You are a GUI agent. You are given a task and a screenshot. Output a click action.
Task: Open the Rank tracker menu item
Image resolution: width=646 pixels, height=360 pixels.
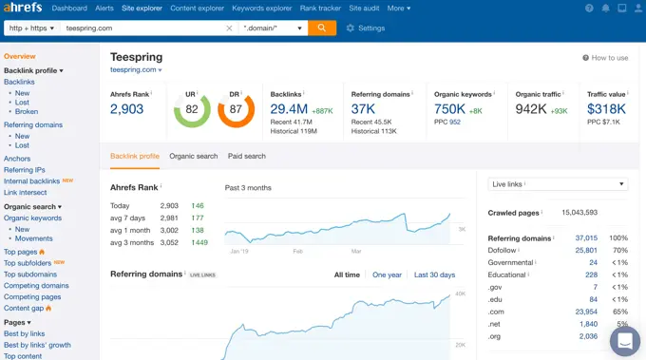320,9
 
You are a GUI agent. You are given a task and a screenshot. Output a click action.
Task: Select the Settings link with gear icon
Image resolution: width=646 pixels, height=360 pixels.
366,28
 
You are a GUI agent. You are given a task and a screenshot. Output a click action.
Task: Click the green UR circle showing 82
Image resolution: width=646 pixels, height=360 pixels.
192,110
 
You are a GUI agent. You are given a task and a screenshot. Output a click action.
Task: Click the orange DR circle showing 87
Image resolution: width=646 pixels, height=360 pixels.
237,110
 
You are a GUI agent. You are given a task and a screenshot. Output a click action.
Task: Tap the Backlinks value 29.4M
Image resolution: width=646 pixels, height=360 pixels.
289,109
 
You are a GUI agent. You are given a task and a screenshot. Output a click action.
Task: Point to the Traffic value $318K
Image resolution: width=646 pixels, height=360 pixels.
606,109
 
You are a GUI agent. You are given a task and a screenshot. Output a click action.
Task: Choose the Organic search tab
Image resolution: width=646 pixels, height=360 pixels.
193,156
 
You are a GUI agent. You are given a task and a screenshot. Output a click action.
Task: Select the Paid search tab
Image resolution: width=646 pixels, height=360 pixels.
247,156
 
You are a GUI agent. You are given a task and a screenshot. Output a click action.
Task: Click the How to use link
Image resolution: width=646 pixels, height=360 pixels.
605,58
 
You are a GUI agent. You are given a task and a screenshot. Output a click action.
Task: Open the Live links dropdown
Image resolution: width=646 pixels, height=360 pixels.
558,184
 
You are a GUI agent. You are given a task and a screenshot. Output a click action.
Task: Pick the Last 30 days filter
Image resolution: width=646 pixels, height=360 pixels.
434,275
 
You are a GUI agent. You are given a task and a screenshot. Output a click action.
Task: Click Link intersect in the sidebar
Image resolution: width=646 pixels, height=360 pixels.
25,192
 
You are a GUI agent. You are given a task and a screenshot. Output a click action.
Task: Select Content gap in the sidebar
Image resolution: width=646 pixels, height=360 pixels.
25,308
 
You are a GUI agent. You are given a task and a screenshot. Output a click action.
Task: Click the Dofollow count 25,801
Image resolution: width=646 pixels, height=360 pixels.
586,251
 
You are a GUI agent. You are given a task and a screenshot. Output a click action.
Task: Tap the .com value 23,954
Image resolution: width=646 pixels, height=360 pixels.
586,312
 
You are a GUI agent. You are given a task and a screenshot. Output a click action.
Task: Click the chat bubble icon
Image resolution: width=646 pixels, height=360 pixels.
624,340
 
